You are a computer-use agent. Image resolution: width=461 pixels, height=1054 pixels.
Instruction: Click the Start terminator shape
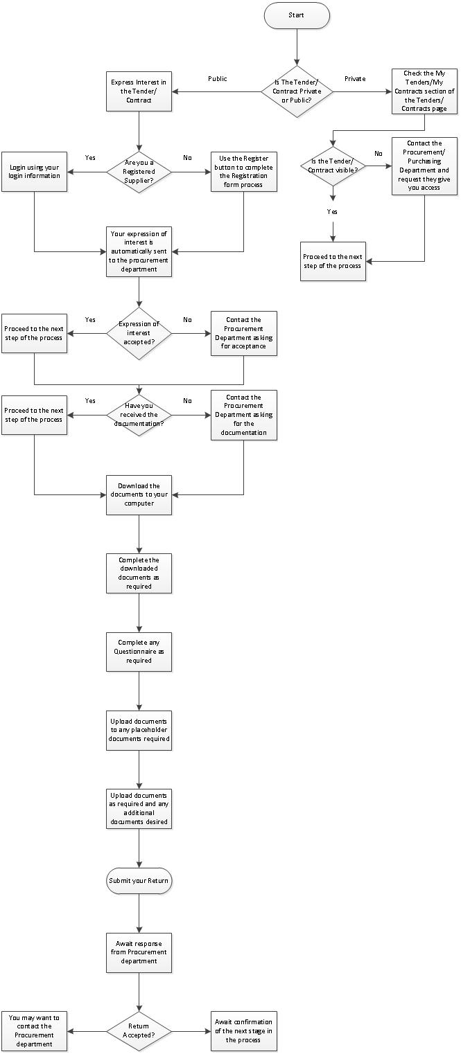point(296,15)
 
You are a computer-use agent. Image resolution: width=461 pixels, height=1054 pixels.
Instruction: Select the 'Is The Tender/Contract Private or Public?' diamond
point(296,91)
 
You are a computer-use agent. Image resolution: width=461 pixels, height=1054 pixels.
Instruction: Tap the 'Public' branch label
point(218,79)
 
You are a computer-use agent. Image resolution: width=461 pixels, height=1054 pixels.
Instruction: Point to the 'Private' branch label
point(355,79)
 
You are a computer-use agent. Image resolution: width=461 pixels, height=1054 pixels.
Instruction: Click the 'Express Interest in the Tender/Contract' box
point(139,91)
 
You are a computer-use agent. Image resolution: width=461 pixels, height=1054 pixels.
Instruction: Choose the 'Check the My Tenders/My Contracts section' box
point(424,91)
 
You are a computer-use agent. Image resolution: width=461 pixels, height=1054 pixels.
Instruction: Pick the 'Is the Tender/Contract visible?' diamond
point(333,166)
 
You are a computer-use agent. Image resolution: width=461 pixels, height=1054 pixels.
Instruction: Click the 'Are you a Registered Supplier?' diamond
point(139,172)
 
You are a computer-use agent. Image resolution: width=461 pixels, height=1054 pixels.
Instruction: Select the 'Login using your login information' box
point(34,172)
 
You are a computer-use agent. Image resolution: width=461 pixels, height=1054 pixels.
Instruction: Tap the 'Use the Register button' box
point(243,172)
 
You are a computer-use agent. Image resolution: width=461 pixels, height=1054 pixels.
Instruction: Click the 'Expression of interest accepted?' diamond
point(139,334)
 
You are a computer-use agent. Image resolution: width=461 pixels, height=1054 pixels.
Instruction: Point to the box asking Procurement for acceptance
point(243,334)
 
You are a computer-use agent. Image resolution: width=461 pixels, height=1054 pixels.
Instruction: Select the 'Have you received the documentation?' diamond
point(139,415)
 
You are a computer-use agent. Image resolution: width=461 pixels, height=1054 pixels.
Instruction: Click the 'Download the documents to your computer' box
point(139,494)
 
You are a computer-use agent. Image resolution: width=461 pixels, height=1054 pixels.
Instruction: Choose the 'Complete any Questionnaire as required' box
point(139,652)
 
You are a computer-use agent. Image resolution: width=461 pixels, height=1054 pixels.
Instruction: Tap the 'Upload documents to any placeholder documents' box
point(139,730)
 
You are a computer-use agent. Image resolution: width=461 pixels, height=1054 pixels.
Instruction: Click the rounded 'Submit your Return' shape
point(139,881)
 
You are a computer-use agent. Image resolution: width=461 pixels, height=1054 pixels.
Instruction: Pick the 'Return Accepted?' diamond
point(139,1031)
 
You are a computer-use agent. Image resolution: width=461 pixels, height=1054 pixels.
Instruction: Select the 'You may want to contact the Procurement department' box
point(34,1031)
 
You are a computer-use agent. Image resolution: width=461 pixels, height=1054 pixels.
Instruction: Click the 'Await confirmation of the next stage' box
point(243,1031)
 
